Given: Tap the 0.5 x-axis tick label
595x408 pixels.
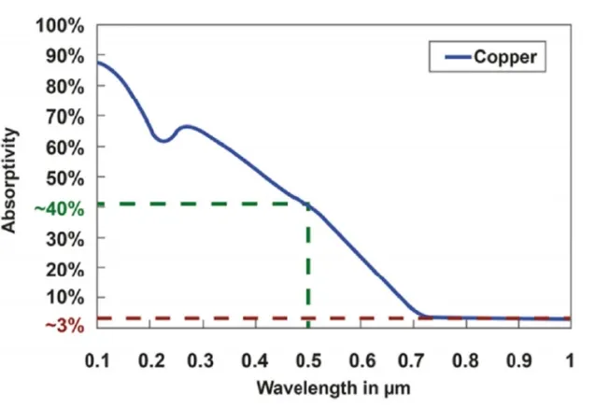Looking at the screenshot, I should click(306, 359).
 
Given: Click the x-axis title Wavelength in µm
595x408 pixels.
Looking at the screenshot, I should click(333, 386).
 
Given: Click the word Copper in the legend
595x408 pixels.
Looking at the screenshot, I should click(504, 57).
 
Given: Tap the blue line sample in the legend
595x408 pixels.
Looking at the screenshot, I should click(455, 57).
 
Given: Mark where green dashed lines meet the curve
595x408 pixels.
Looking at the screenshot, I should click(307, 204).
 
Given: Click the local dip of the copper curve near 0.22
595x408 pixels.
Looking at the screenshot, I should click(163, 140).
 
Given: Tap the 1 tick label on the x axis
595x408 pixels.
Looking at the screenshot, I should click(570, 359).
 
